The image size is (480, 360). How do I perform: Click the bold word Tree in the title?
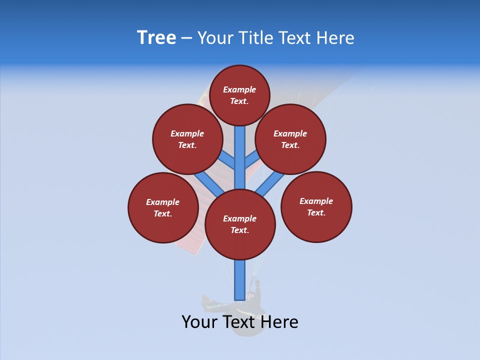point(156,38)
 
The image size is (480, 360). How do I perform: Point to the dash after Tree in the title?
point(186,38)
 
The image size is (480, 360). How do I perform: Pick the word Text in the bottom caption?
point(239,322)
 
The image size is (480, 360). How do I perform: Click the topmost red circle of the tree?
point(239,95)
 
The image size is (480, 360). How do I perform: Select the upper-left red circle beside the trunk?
point(187,139)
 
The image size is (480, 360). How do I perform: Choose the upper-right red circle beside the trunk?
point(290,139)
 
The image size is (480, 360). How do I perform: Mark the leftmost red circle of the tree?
point(163,207)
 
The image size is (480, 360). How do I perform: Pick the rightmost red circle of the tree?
point(316,206)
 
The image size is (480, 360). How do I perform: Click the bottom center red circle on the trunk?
point(240,224)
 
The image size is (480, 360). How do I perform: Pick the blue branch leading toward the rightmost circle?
point(270,184)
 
